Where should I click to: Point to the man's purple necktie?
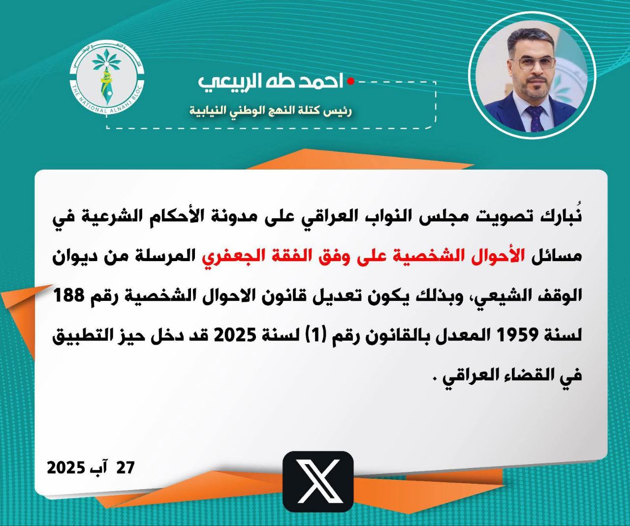click(x=535, y=118)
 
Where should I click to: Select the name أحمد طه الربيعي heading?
click(x=271, y=82)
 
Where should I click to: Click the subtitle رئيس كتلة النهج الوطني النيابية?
click(x=271, y=111)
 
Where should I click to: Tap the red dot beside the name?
click(x=350, y=82)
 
